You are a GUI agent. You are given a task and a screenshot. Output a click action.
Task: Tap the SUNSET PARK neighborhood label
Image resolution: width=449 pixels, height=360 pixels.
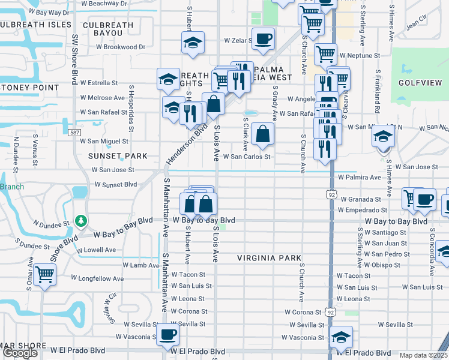click(x=118, y=156)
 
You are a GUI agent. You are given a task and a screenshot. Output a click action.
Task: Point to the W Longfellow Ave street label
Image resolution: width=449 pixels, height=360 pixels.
click(x=97, y=278)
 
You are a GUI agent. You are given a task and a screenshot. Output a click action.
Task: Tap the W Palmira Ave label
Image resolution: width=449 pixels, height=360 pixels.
click(x=359, y=178)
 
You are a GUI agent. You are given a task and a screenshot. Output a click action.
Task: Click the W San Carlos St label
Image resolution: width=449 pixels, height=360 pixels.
click(x=247, y=157)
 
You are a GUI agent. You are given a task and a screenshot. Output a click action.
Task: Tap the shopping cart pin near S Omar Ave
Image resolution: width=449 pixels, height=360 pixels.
click(x=45, y=275)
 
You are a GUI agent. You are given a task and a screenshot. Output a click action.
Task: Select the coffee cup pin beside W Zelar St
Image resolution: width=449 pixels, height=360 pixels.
click(x=263, y=39)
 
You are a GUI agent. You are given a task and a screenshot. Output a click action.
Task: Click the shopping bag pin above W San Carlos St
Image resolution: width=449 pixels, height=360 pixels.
click(x=262, y=134)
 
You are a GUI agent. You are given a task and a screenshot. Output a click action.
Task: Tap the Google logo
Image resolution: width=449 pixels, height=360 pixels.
click(x=20, y=353)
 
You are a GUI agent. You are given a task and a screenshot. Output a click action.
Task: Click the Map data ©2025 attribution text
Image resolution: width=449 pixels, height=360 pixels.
click(x=423, y=355)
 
